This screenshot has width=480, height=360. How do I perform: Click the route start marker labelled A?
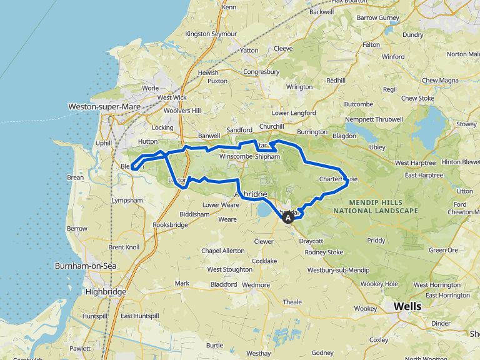coord(287,219)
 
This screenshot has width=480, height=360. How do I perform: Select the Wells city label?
coord(407,306)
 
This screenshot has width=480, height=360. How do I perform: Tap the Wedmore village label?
coord(255,284)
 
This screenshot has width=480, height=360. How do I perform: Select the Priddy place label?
coord(376,240)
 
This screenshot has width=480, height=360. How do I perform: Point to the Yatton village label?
coord(249,50)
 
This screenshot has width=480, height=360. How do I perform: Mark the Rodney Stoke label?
coord(324,252)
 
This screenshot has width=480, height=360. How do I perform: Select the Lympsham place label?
coord(127,201)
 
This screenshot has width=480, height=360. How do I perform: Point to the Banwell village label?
coord(209,134)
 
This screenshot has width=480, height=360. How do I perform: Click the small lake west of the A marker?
coord(264,211)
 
